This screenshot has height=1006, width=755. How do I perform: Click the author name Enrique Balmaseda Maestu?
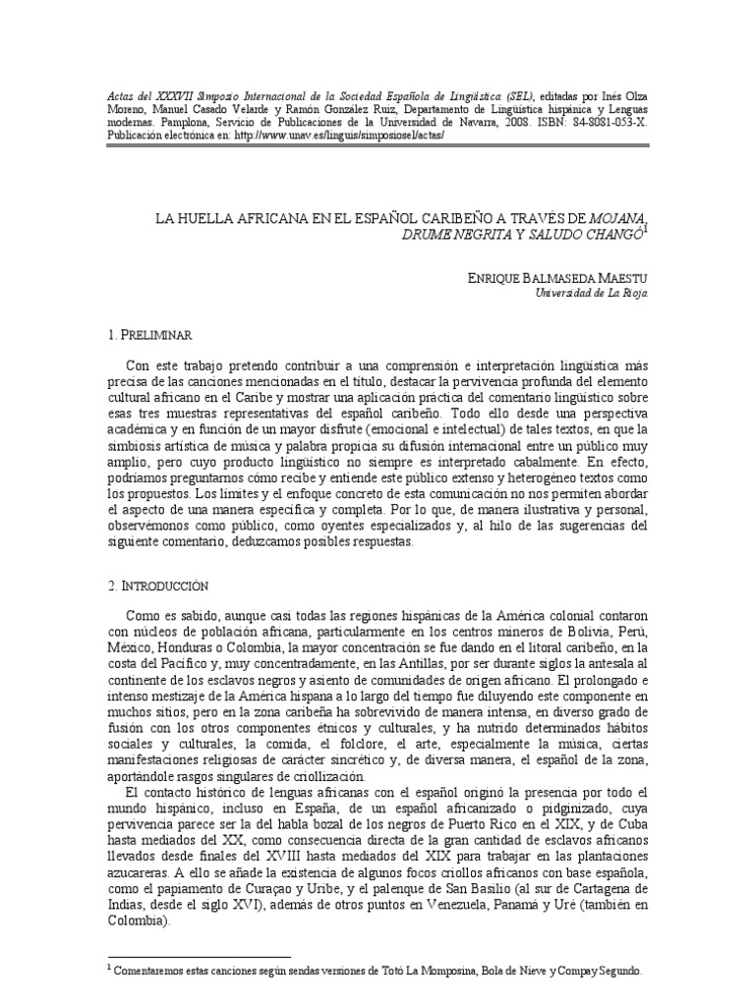[557, 280]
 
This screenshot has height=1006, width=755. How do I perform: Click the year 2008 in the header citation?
[549, 123]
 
